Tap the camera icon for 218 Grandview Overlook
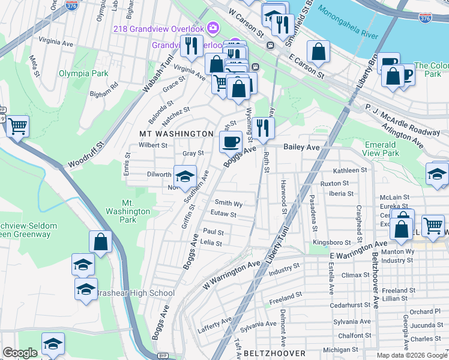click(212, 28)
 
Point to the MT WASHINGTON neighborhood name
click(176, 133)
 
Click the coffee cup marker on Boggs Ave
click(231, 142)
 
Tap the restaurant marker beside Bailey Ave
click(262, 127)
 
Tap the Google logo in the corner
click(20, 353)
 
